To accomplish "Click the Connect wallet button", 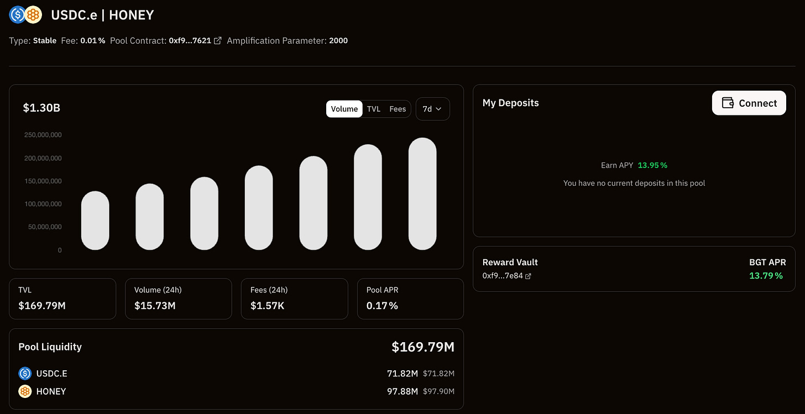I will (x=749, y=103).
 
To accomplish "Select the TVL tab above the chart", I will (x=374, y=109).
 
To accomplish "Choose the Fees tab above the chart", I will (x=398, y=109).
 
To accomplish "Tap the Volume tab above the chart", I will (x=344, y=109).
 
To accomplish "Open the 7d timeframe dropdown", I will (x=432, y=109).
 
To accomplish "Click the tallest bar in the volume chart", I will (x=422, y=193).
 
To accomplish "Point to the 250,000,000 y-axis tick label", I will (x=43, y=135).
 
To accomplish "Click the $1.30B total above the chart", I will (x=41, y=108).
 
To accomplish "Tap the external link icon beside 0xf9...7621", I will (x=218, y=40).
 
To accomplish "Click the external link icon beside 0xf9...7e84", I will (x=528, y=276).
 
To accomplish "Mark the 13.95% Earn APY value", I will (x=652, y=165).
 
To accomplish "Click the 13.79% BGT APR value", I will (x=766, y=275).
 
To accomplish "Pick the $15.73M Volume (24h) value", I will (x=155, y=306).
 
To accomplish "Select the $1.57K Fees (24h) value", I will (x=267, y=306).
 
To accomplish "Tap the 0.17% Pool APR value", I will (x=382, y=306).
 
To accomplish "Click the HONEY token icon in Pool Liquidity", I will (x=25, y=391).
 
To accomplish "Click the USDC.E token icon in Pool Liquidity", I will (x=25, y=374).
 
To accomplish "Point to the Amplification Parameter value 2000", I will (x=338, y=40).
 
